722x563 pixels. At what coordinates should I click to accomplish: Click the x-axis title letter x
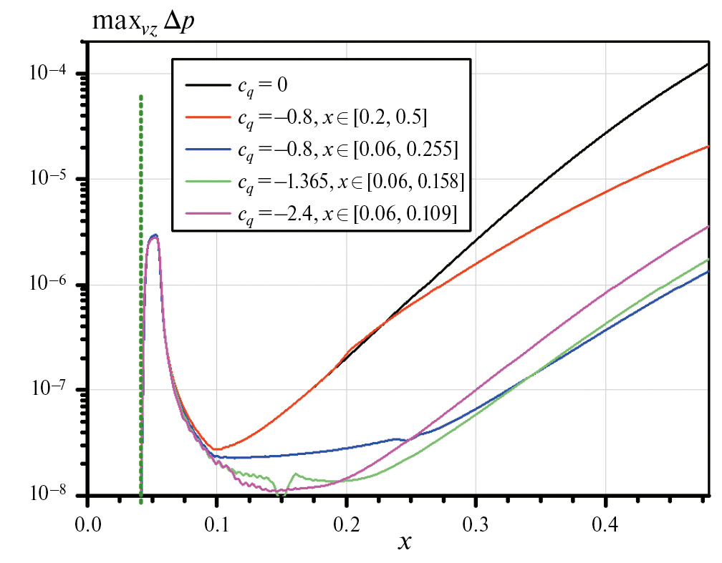click(x=405, y=542)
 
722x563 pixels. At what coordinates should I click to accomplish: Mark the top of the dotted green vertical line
click(x=141, y=97)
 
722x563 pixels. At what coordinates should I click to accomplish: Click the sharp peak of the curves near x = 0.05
click(x=154, y=235)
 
